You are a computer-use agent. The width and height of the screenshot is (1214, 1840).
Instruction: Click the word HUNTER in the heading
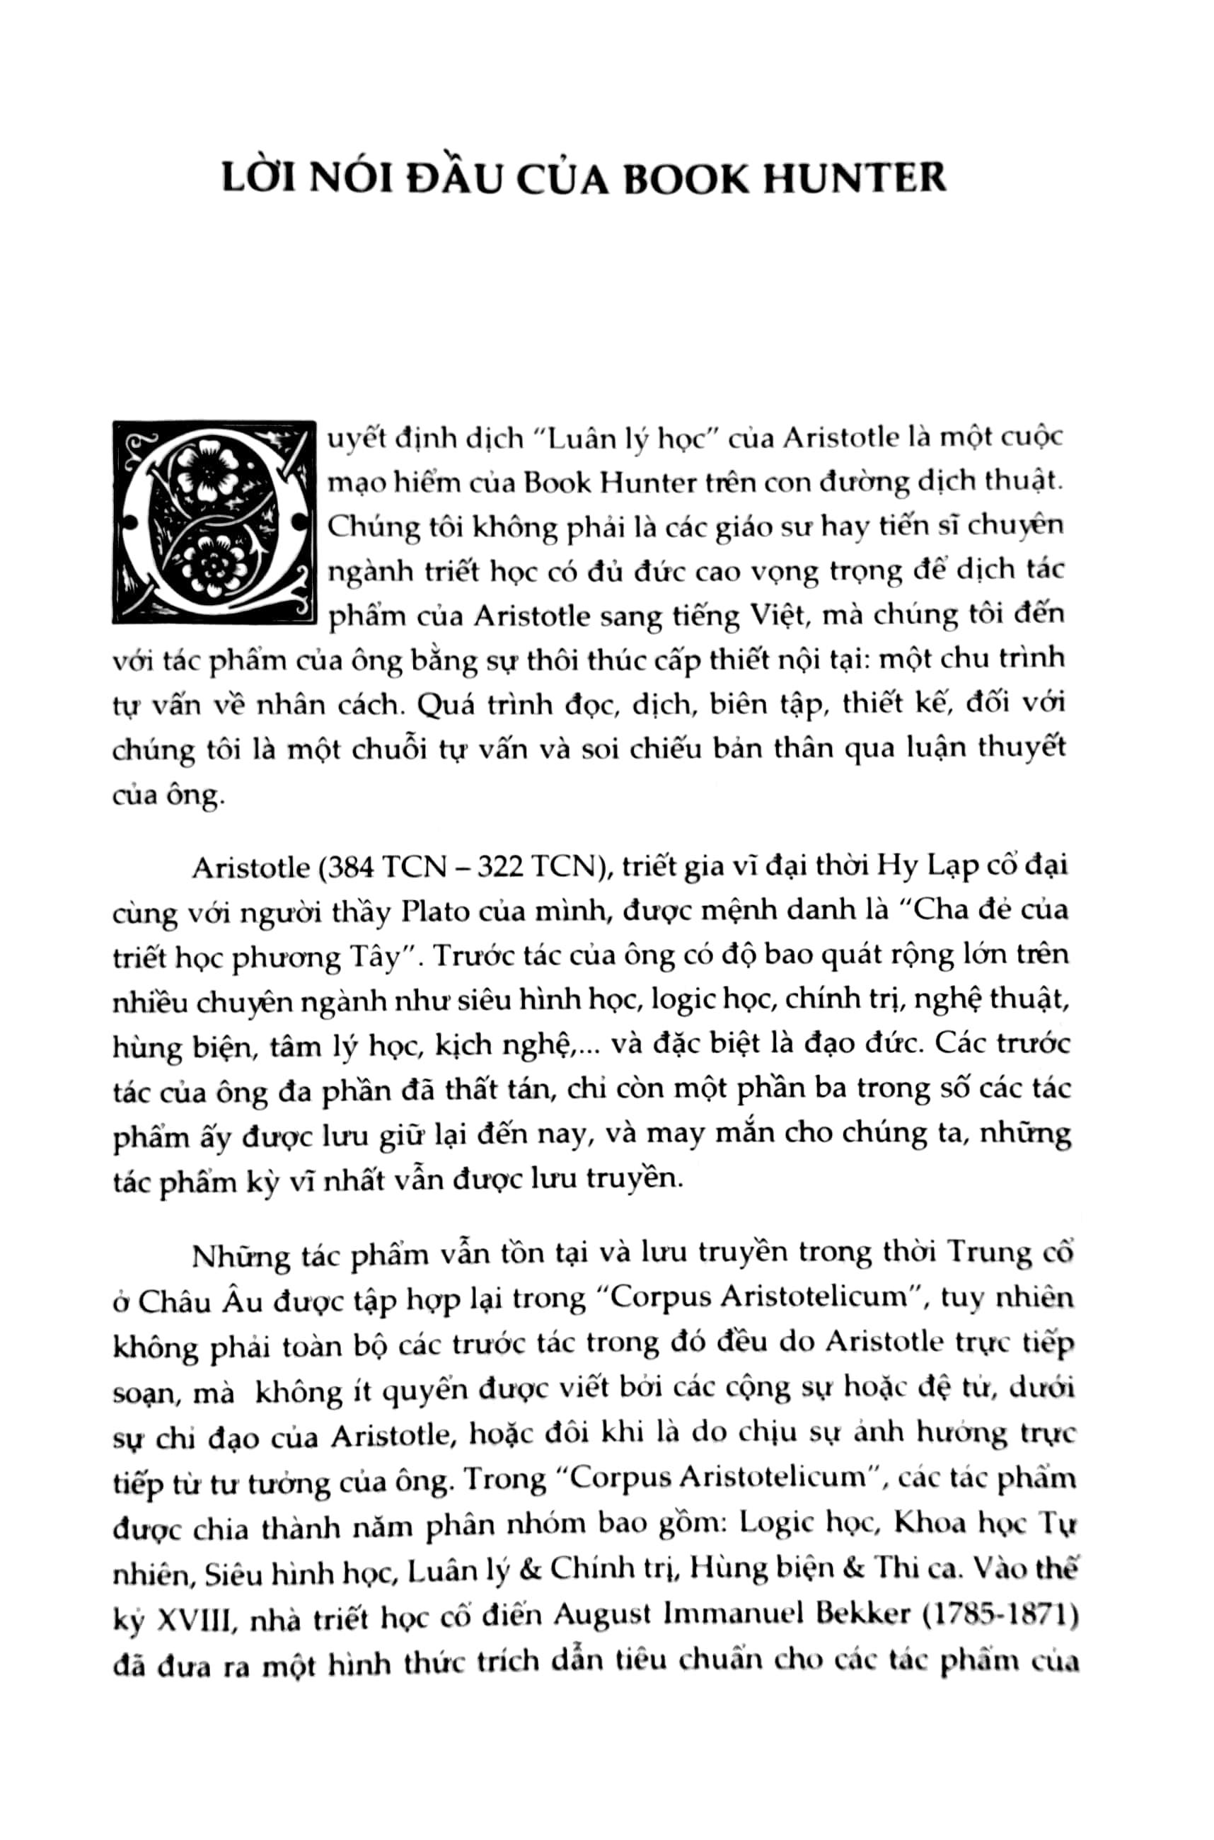855,179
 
